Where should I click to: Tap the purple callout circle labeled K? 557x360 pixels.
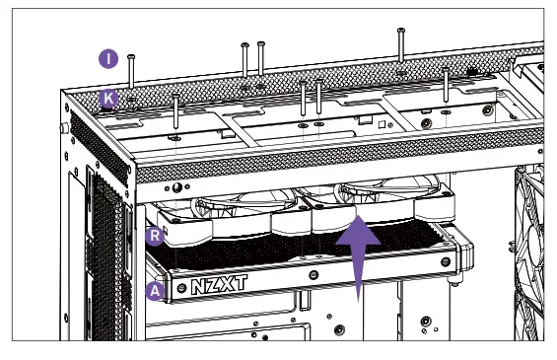click(109, 98)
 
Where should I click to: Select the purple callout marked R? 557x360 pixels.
click(154, 236)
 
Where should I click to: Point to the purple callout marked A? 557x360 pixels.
click(154, 290)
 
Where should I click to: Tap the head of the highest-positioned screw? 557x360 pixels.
click(401, 32)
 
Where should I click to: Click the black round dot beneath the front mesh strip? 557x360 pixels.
click(176, 188)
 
